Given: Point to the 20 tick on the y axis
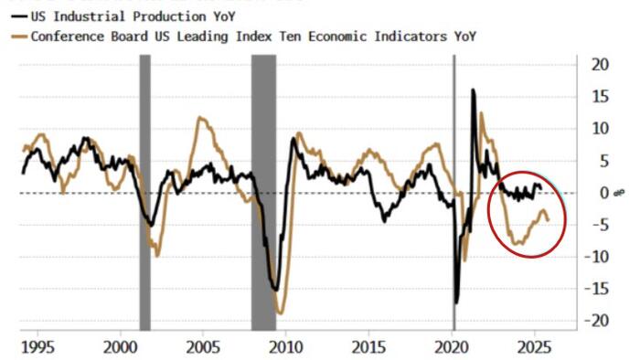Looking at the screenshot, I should (599, 64).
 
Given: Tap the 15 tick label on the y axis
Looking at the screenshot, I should (599, 96).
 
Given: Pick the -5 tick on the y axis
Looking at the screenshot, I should (599, 225).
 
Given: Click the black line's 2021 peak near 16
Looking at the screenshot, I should (473, 90).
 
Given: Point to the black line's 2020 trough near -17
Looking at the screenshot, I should (457, 302).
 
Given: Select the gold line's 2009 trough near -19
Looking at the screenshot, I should (280, 313).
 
